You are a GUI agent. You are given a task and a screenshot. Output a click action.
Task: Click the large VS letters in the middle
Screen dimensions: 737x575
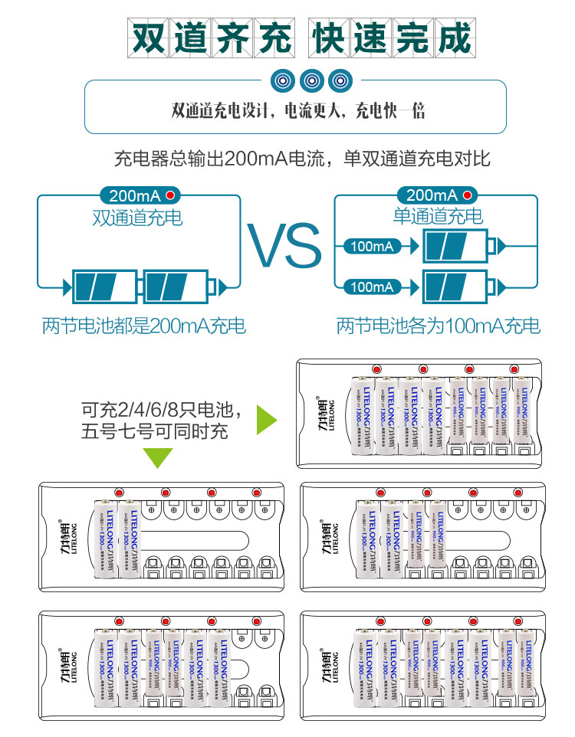[x=284, y=246]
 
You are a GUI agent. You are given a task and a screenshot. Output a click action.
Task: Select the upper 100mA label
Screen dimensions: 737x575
[x=372, y=246]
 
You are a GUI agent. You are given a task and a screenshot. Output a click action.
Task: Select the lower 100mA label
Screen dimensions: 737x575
[x=372, y=287]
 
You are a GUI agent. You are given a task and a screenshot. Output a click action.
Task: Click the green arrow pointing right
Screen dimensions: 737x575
[x=265, y=419]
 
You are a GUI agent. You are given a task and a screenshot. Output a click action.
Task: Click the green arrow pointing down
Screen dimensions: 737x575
[x=160, y=458]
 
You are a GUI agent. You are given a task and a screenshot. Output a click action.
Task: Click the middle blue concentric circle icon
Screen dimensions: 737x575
[x=312, y=79]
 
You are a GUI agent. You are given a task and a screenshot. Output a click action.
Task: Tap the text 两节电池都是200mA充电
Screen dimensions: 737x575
[x=144, y=326]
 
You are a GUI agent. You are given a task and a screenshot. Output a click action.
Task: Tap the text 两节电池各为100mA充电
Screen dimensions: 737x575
[x=439, y=326]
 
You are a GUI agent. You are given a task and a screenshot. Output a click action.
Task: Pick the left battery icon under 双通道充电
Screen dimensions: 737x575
[x=104, y=287]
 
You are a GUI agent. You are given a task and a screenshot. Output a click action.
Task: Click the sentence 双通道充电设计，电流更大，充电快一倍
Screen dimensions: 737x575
[x=299, y=111]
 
